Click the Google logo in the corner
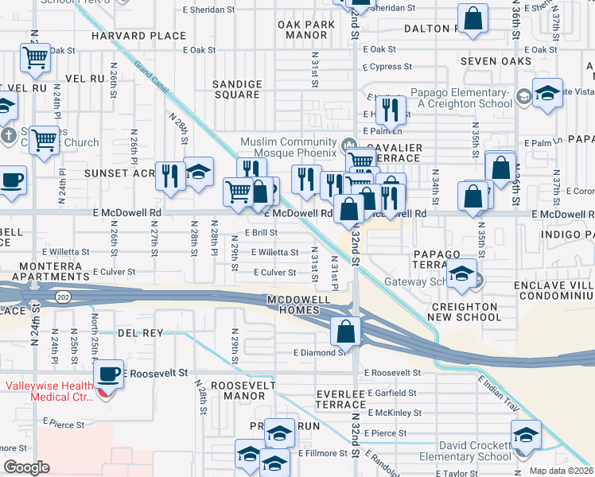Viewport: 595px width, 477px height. (x=27, y=467)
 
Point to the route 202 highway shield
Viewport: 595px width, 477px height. (x=61, y=296)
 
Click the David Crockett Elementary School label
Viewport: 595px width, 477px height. (x=465, y=451)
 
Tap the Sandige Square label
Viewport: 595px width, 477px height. (x=237, y=89)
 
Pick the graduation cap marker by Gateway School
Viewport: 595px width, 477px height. (x=461, y=273)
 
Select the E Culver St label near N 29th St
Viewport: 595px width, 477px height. (x=274, y=273)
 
